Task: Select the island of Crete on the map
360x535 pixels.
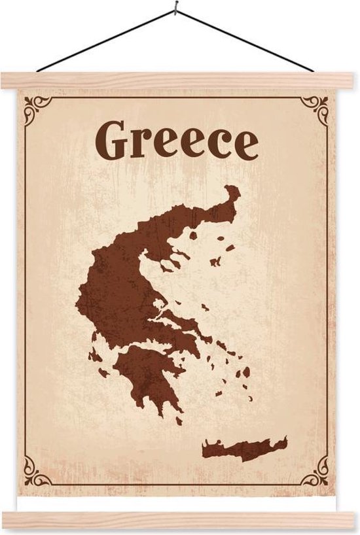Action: [x=243, y=449]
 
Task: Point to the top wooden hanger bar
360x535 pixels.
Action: [x=177, y=80]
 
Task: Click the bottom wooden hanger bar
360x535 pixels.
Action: [x=177, y=520]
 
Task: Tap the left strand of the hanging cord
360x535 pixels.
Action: [x=105, y=40]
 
